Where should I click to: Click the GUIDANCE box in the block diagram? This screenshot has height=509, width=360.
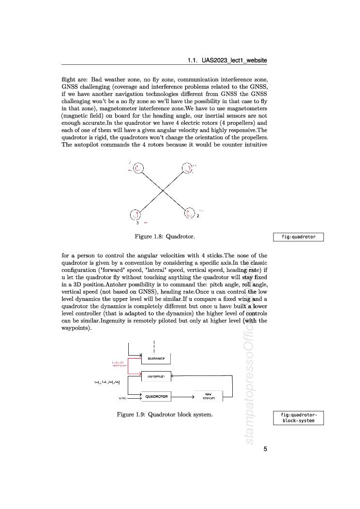click(x=156, y=359)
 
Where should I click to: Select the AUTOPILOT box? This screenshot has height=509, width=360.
click(x=156, y=375)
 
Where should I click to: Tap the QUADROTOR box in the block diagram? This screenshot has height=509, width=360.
click(x=156, y=396)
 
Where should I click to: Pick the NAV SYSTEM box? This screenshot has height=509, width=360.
click(x=209, y=396)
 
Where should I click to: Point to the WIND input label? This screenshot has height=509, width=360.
click(x=122, y=398)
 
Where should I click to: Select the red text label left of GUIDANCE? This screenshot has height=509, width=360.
click(x=118, y=364)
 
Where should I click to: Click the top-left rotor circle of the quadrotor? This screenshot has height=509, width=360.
click(x=138, y=168)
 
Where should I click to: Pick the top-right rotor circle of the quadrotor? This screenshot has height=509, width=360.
click(x=187, y=168)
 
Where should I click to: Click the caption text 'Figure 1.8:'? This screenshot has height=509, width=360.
click(x=149, y=237)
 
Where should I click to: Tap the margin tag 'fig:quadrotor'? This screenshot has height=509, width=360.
click(x=299, y=237)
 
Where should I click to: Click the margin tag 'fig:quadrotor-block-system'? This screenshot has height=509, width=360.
click(x=299, y=418)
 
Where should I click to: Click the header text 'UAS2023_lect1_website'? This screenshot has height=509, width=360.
click(x=234, y=60)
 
